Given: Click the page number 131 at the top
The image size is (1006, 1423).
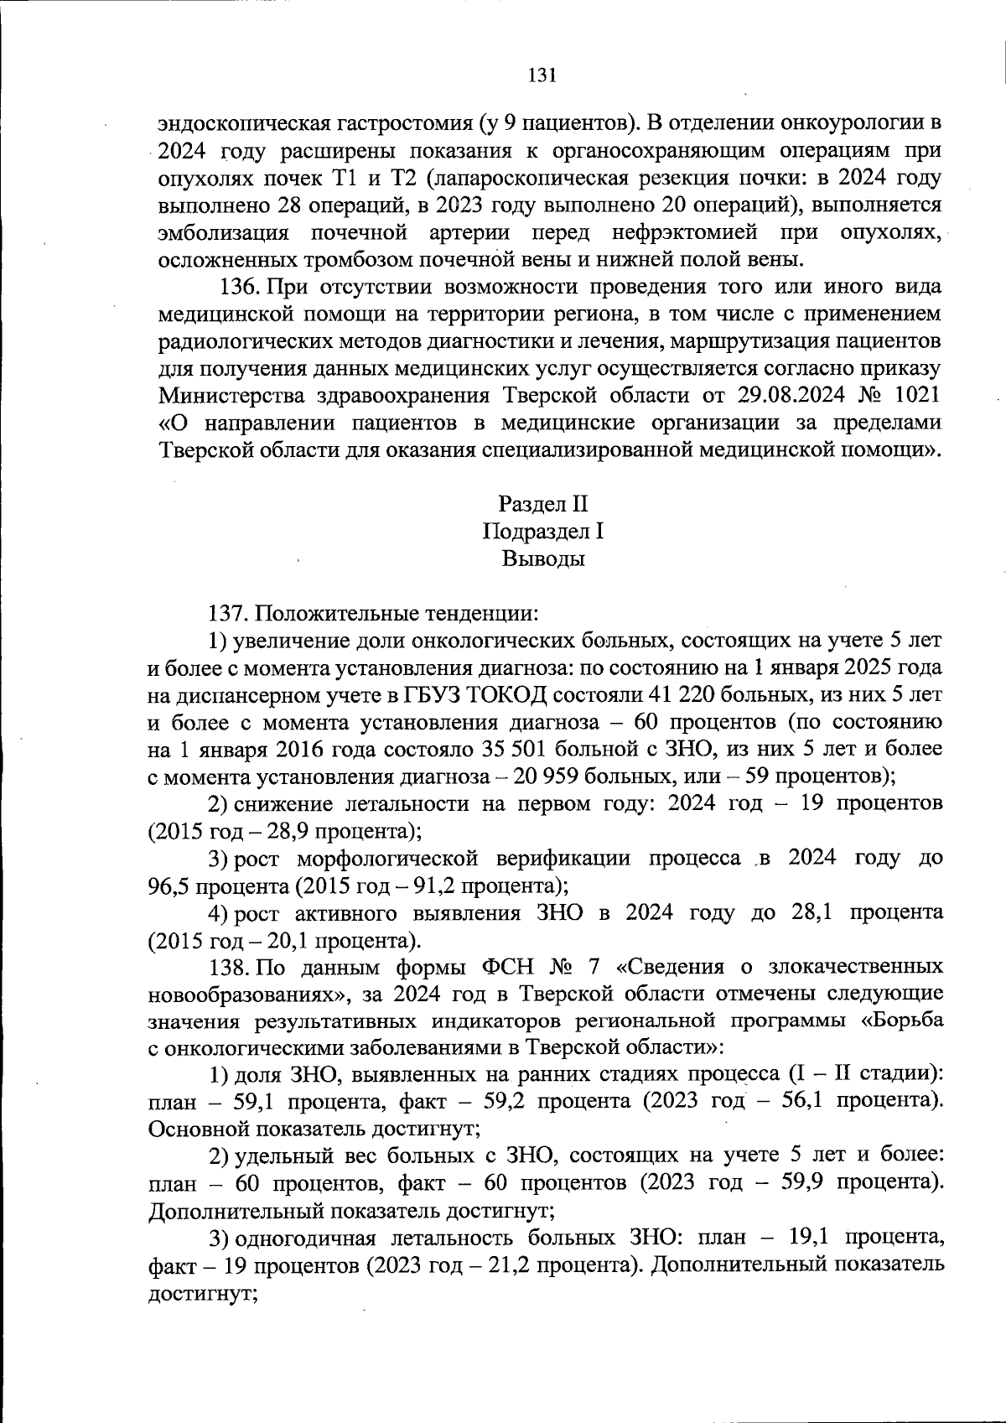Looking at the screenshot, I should pos(542,75).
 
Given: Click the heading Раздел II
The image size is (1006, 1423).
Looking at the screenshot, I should pos(542,504).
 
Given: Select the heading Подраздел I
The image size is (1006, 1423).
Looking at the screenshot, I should pos(542,532).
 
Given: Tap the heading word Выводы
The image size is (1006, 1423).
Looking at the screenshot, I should pos(542,559).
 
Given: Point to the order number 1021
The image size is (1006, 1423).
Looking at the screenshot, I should pos(917,395).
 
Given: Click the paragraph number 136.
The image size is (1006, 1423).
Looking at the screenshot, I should pos(241,287).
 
